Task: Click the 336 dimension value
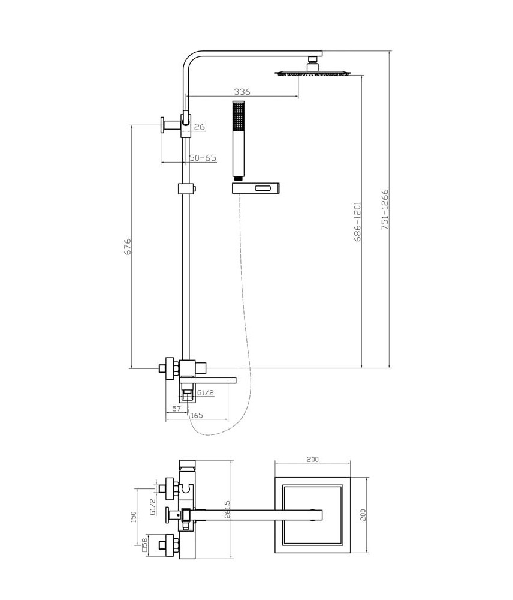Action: coord(242,92)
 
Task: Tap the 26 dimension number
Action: coord(199,127)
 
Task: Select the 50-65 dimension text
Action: coord(203,158)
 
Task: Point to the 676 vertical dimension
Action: coord(128,247)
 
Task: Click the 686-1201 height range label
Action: coord(357,221)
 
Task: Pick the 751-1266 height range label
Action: coord(385,209)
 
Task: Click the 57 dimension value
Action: coord(176,409)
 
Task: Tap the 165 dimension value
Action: coord(197,416)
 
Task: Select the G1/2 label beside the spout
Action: coord(206,392)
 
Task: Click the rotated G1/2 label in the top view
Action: coord(153,506)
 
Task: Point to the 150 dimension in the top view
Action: coord(134,517)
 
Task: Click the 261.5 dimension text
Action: coord(228,509)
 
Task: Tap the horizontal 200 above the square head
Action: coord(312,459)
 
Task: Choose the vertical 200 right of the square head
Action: coord(363,515)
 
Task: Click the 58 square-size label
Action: coord(144,545)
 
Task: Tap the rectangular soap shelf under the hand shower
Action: coord(255,188)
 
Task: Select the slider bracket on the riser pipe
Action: coord(187,188)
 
